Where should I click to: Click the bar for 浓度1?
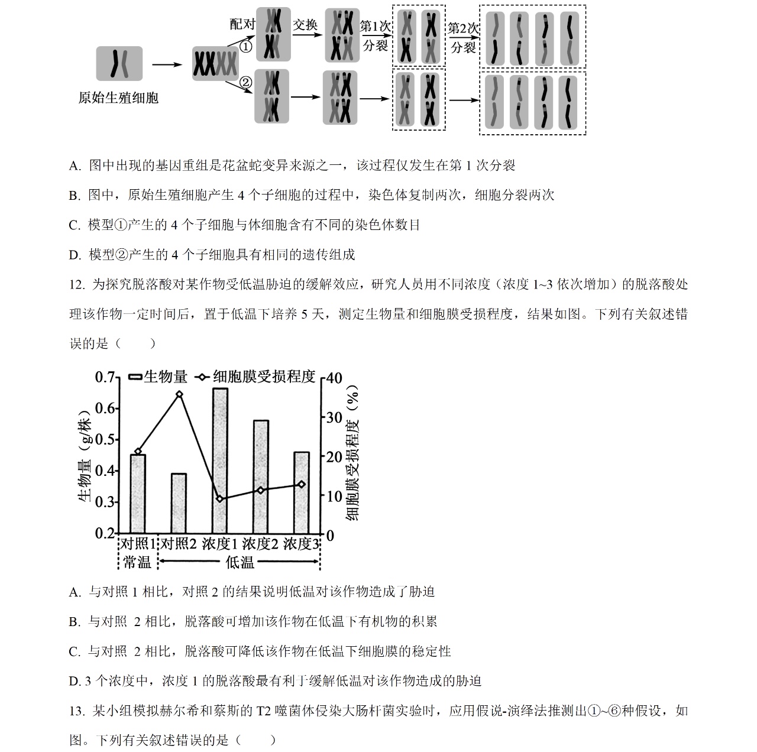coord(219,461)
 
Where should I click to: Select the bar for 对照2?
coord(179,503)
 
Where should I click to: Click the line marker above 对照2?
coord(179,394)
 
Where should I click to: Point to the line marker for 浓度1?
coord(220,498)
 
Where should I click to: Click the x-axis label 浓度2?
coord(260,544)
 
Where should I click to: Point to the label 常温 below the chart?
coord(137,562)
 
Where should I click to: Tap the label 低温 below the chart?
coord(240,562)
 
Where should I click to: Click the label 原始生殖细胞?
coord(118,98)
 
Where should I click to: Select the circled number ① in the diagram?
coord(245,46)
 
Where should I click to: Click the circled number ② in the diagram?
coord(245,82)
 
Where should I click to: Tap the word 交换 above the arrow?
coord(306,24)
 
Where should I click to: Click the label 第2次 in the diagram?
coord(463,28)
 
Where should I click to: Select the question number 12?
coord(77,285)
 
